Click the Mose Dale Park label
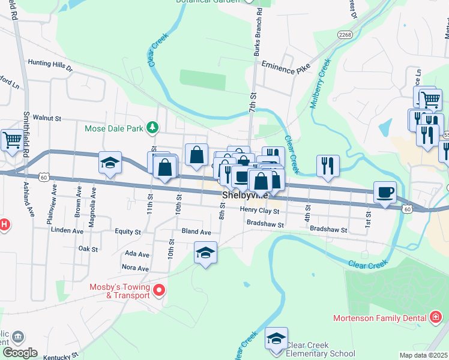pyautogui.click(x=114, y=128)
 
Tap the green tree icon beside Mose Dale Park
pyautogui.click(x=153, y=127)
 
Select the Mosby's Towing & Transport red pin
pyautogui.click(x=159, y=292)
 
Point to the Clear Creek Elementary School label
pyautogui.click(x=320, y=349)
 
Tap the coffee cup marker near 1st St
pyautogui.click(x=385, y=193)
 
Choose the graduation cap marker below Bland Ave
pyautogui.click(x=205, y=253)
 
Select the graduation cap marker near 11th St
pyautogui.click(x=110, y=163)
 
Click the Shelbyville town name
pyautogui.click(x=245, y=196)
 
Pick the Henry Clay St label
pyautogui.click(x=259, y=211)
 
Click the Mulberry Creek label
pyautogui.click(x=321, y=83)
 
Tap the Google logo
pyautogui.click(x=20, y=353)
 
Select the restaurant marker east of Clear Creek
pyautogui.click(x=328, y=165)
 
